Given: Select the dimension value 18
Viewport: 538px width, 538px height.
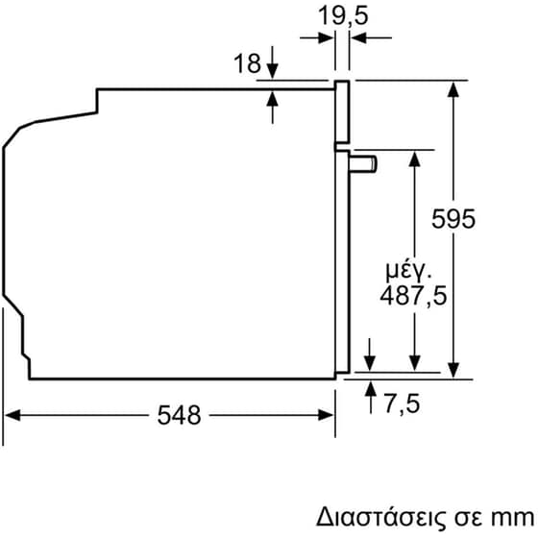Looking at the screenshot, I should click(x=247, y=63).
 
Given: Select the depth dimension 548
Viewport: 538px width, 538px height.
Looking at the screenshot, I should click(x=178, y=415).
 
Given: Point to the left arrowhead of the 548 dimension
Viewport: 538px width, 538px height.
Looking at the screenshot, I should click(x=12, y=415).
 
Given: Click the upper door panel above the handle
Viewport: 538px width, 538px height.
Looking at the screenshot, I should click(x=341, y=113).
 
